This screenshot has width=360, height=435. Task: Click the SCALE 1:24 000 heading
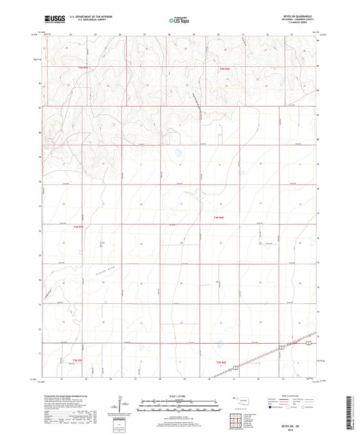click(x=179, y=396)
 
